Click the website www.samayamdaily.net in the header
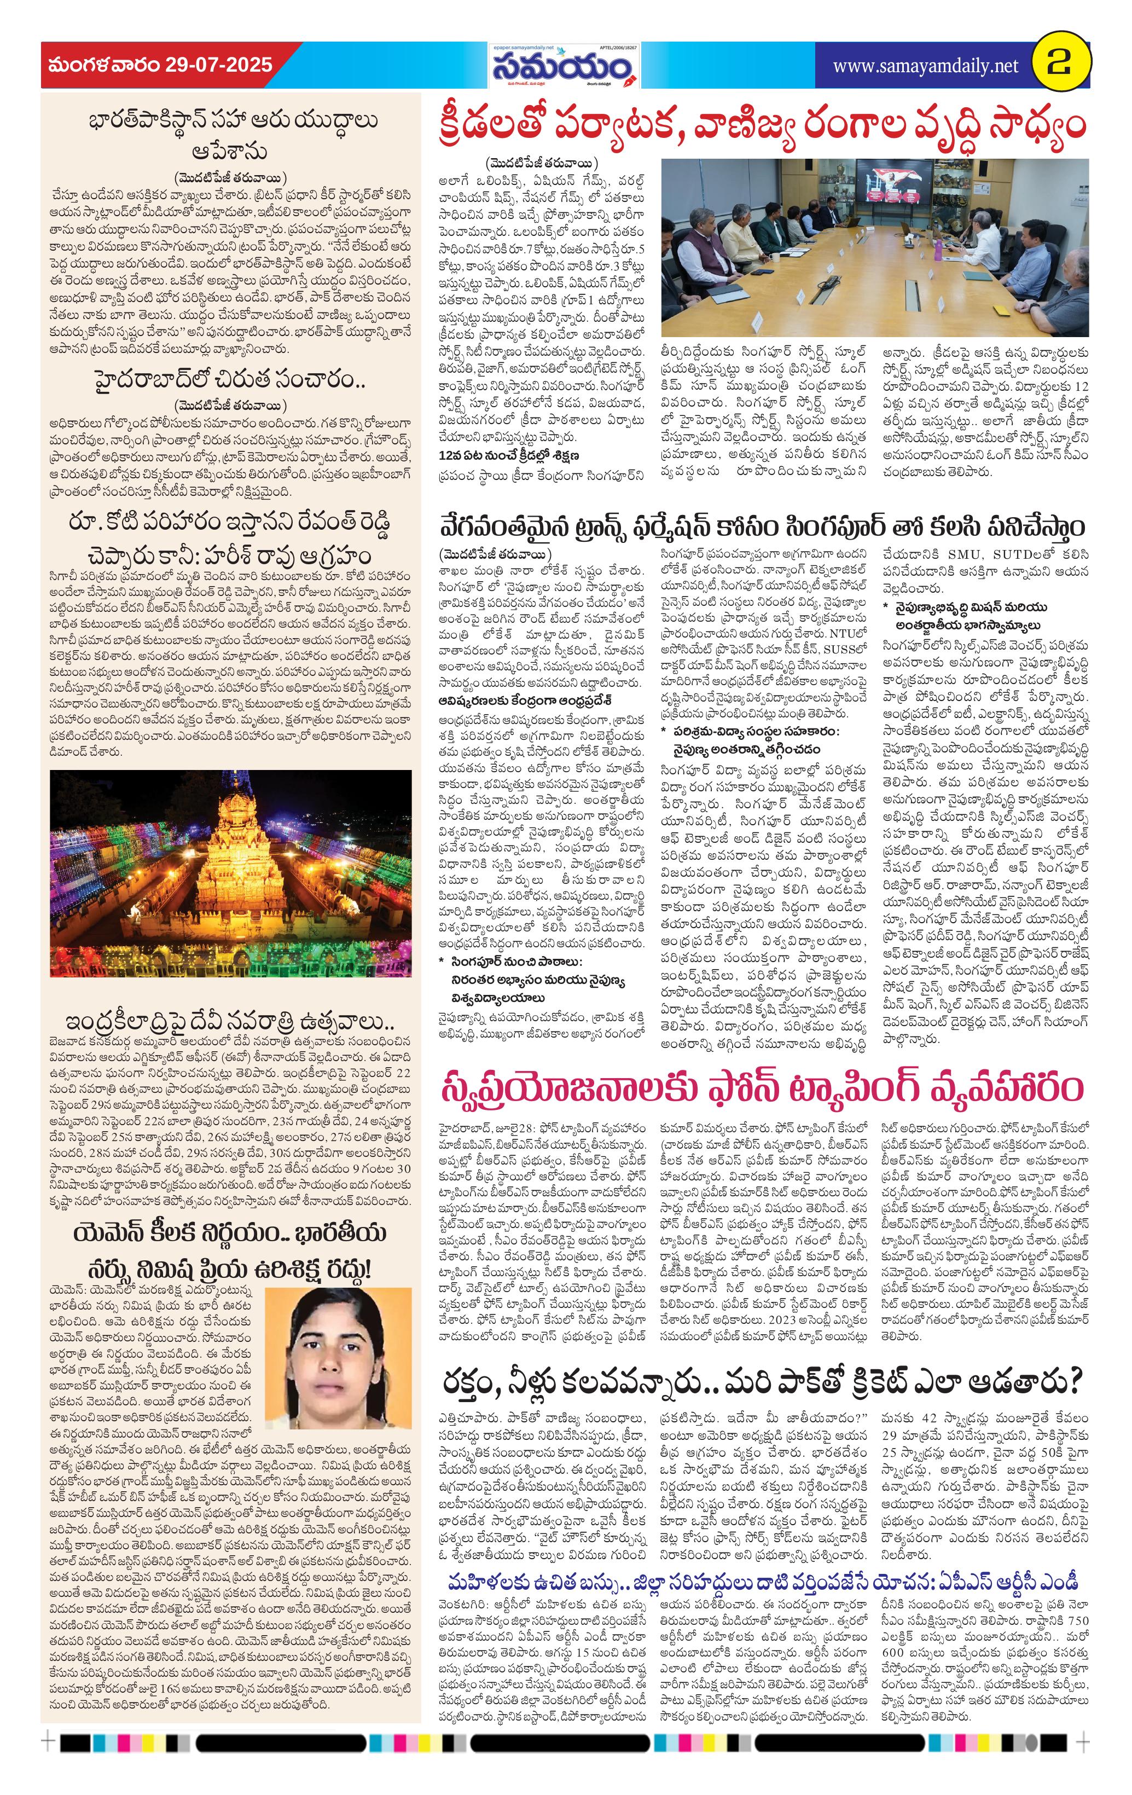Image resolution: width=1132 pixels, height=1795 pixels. click(925, 66)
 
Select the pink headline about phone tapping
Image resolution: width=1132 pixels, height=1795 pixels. click(760, 1090)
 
